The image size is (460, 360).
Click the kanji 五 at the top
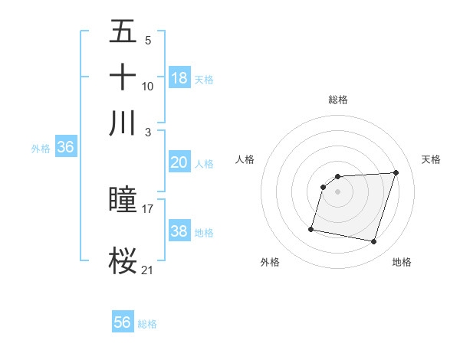[123, 33]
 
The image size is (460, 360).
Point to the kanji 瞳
[123, 200]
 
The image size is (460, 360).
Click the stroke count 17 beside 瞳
[148, 208]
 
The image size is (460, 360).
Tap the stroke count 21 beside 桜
[148, 270]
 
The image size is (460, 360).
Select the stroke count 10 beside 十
[148, 86]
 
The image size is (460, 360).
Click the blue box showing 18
[179, 77]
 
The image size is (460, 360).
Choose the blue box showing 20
[179, 162]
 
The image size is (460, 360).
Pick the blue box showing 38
[179, 231]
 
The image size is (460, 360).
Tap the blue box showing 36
[65, 148]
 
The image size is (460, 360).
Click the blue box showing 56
[123, 322]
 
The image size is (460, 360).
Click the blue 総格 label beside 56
[147, 324]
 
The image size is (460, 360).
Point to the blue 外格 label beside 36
[40, 149]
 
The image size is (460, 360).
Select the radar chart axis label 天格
[432, 159]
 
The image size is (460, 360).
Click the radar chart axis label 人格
[245, 159]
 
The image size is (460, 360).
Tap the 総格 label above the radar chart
[338, 100]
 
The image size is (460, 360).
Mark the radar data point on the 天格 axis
[396, 173]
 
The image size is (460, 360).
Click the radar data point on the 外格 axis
[311, 229]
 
